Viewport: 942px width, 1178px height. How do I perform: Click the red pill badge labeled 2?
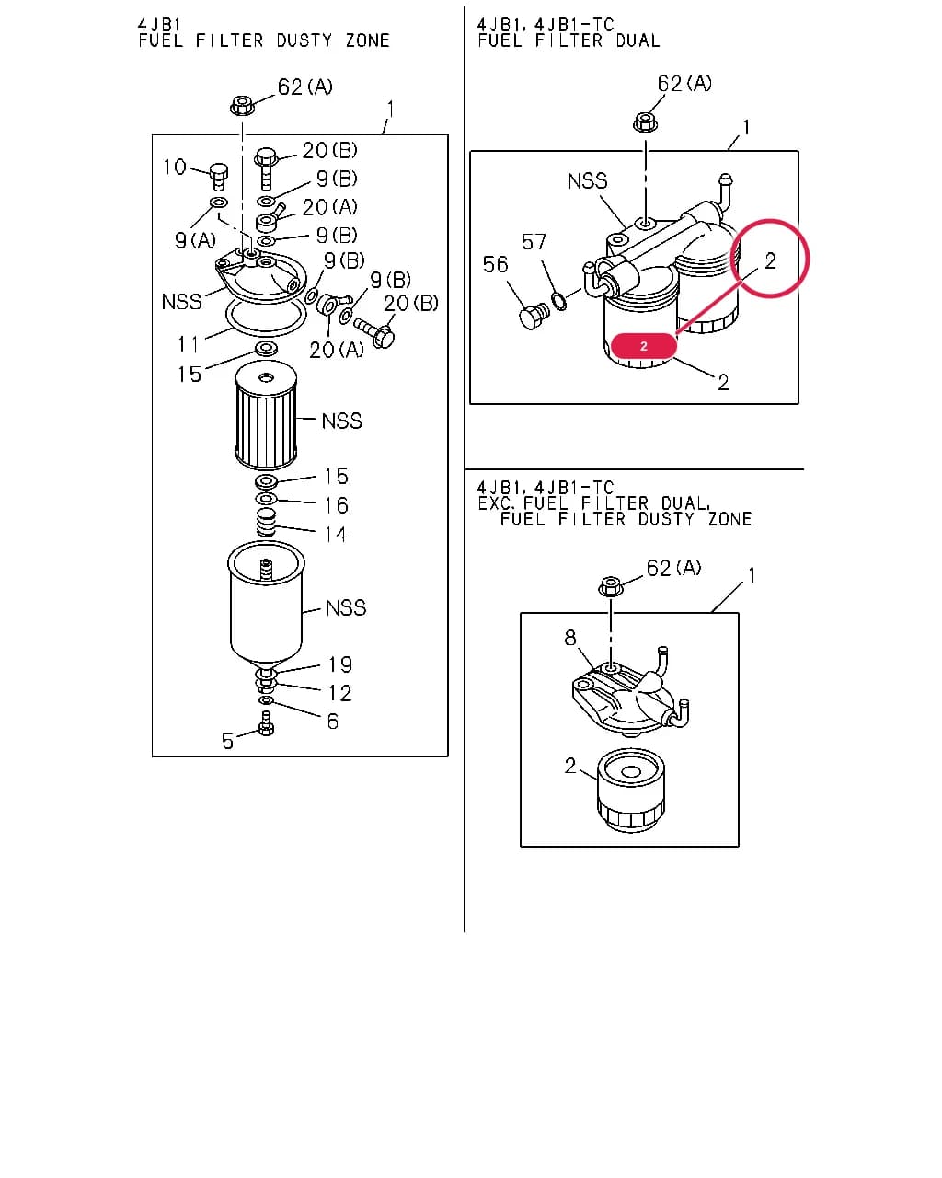click(x=643, y=345)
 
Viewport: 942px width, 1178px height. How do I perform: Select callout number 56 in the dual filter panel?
click(x=495, y=264)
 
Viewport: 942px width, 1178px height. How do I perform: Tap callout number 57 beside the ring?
click(x=534, y=241)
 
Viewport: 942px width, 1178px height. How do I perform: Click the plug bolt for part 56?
click(x=532, y=316)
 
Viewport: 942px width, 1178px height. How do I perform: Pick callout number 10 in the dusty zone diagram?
click(x=175, y=167)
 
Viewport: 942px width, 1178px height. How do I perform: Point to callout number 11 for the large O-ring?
click(x=188, y=344)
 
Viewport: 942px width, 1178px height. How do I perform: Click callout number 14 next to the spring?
click(x=335, y=535)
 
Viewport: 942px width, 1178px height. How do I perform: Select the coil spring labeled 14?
click(x=266, y=523)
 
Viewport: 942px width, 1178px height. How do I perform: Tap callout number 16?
click(x=336, y=505)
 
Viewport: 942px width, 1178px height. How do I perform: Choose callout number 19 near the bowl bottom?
click(x=339, y=664)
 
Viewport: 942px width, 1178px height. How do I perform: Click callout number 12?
click(x=339, y=693)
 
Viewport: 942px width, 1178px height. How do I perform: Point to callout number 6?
click(x=332, y=721)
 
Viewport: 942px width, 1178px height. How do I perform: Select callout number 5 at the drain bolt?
click(x=228, y=741)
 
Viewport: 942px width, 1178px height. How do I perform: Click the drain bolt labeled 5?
click(x=266, y=723)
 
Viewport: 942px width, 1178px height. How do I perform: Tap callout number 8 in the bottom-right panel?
click(x=569, y=637)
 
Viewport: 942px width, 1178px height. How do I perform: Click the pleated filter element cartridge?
click(x=266, y=415)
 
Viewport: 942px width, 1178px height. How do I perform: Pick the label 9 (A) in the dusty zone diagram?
click(x=195, y=240)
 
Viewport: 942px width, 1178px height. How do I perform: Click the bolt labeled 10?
click(x=218, y=176)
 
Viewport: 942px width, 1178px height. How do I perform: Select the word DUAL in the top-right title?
click(x=638, y=40)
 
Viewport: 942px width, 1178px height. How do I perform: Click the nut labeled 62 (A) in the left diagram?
click(x=241, y=105)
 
